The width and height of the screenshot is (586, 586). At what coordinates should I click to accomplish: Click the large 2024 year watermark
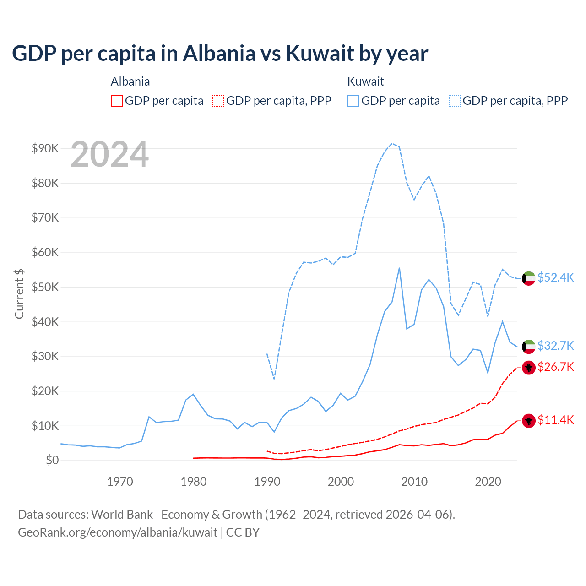coord(110,155)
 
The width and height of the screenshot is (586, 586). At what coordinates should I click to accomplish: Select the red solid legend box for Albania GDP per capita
coord(117,101)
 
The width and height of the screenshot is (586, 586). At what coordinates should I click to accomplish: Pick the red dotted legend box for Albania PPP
coord(218,101)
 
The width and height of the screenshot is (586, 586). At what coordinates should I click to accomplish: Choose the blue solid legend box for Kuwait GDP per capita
coord(353,101)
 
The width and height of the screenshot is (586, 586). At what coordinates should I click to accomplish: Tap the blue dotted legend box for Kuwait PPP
coord(455,101)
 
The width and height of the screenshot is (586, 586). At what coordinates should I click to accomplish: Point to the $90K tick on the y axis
coord(45,148)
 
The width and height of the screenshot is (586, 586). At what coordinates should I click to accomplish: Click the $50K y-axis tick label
coord(45,287)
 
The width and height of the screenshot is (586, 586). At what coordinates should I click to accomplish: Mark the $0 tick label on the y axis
coord(52,460)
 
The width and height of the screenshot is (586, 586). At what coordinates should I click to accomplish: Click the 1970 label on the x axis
coord(120,482)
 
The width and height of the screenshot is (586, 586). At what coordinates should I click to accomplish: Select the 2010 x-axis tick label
coord(414,482)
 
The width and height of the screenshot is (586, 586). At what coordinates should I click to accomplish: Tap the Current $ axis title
coord(19,293)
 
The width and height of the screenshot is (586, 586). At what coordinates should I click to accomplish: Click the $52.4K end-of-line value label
coord(555,278)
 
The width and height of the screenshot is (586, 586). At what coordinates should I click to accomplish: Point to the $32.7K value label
coord(555,346)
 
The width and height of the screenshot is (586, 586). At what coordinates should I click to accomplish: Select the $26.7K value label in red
coord(555,367)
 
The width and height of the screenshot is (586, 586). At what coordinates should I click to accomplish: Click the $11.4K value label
coord(555,420)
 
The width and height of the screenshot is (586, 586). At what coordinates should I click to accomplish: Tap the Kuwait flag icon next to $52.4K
coord(529,278)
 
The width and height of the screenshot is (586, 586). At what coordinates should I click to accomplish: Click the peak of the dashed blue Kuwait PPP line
coord(392,143)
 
